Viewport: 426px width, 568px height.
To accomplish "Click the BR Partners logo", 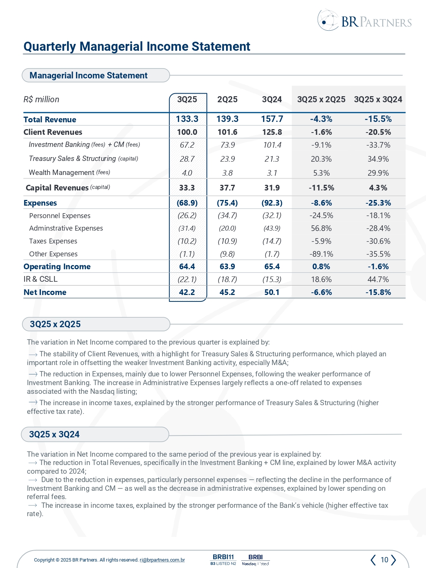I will click(x=364, y=21).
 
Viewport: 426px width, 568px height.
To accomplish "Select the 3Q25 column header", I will click(x=187, y=100).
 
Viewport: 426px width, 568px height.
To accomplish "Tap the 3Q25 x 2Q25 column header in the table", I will click(x=321, y=100).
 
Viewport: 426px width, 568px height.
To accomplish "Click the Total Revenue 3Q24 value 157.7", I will click(x=272, y=119).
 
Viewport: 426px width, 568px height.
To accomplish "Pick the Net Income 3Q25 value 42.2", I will click(x=187, y=292).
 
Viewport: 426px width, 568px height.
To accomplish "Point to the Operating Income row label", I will click(x=57, y=267).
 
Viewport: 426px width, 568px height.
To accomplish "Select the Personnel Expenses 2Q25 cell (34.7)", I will click(x=227, y=215).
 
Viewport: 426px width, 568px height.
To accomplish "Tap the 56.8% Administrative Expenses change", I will click(x=321, y=228).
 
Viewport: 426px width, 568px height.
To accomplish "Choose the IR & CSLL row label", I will click(x=41, y=279).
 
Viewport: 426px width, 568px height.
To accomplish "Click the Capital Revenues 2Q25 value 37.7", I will click(x=227, y=188).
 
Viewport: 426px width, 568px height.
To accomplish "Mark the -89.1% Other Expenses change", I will click(x=321, y=254).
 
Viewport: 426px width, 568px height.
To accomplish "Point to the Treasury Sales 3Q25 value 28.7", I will click(x=187, y=159).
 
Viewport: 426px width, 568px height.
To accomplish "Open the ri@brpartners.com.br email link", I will click(x=162, y=560).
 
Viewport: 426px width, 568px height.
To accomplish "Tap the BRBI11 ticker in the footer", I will click(x=223, y=557).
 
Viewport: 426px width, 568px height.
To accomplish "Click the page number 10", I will click(x=384, y=560).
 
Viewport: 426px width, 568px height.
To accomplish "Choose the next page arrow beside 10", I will click(x=394, y=560).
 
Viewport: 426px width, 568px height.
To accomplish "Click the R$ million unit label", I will click(x=41, y=100).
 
